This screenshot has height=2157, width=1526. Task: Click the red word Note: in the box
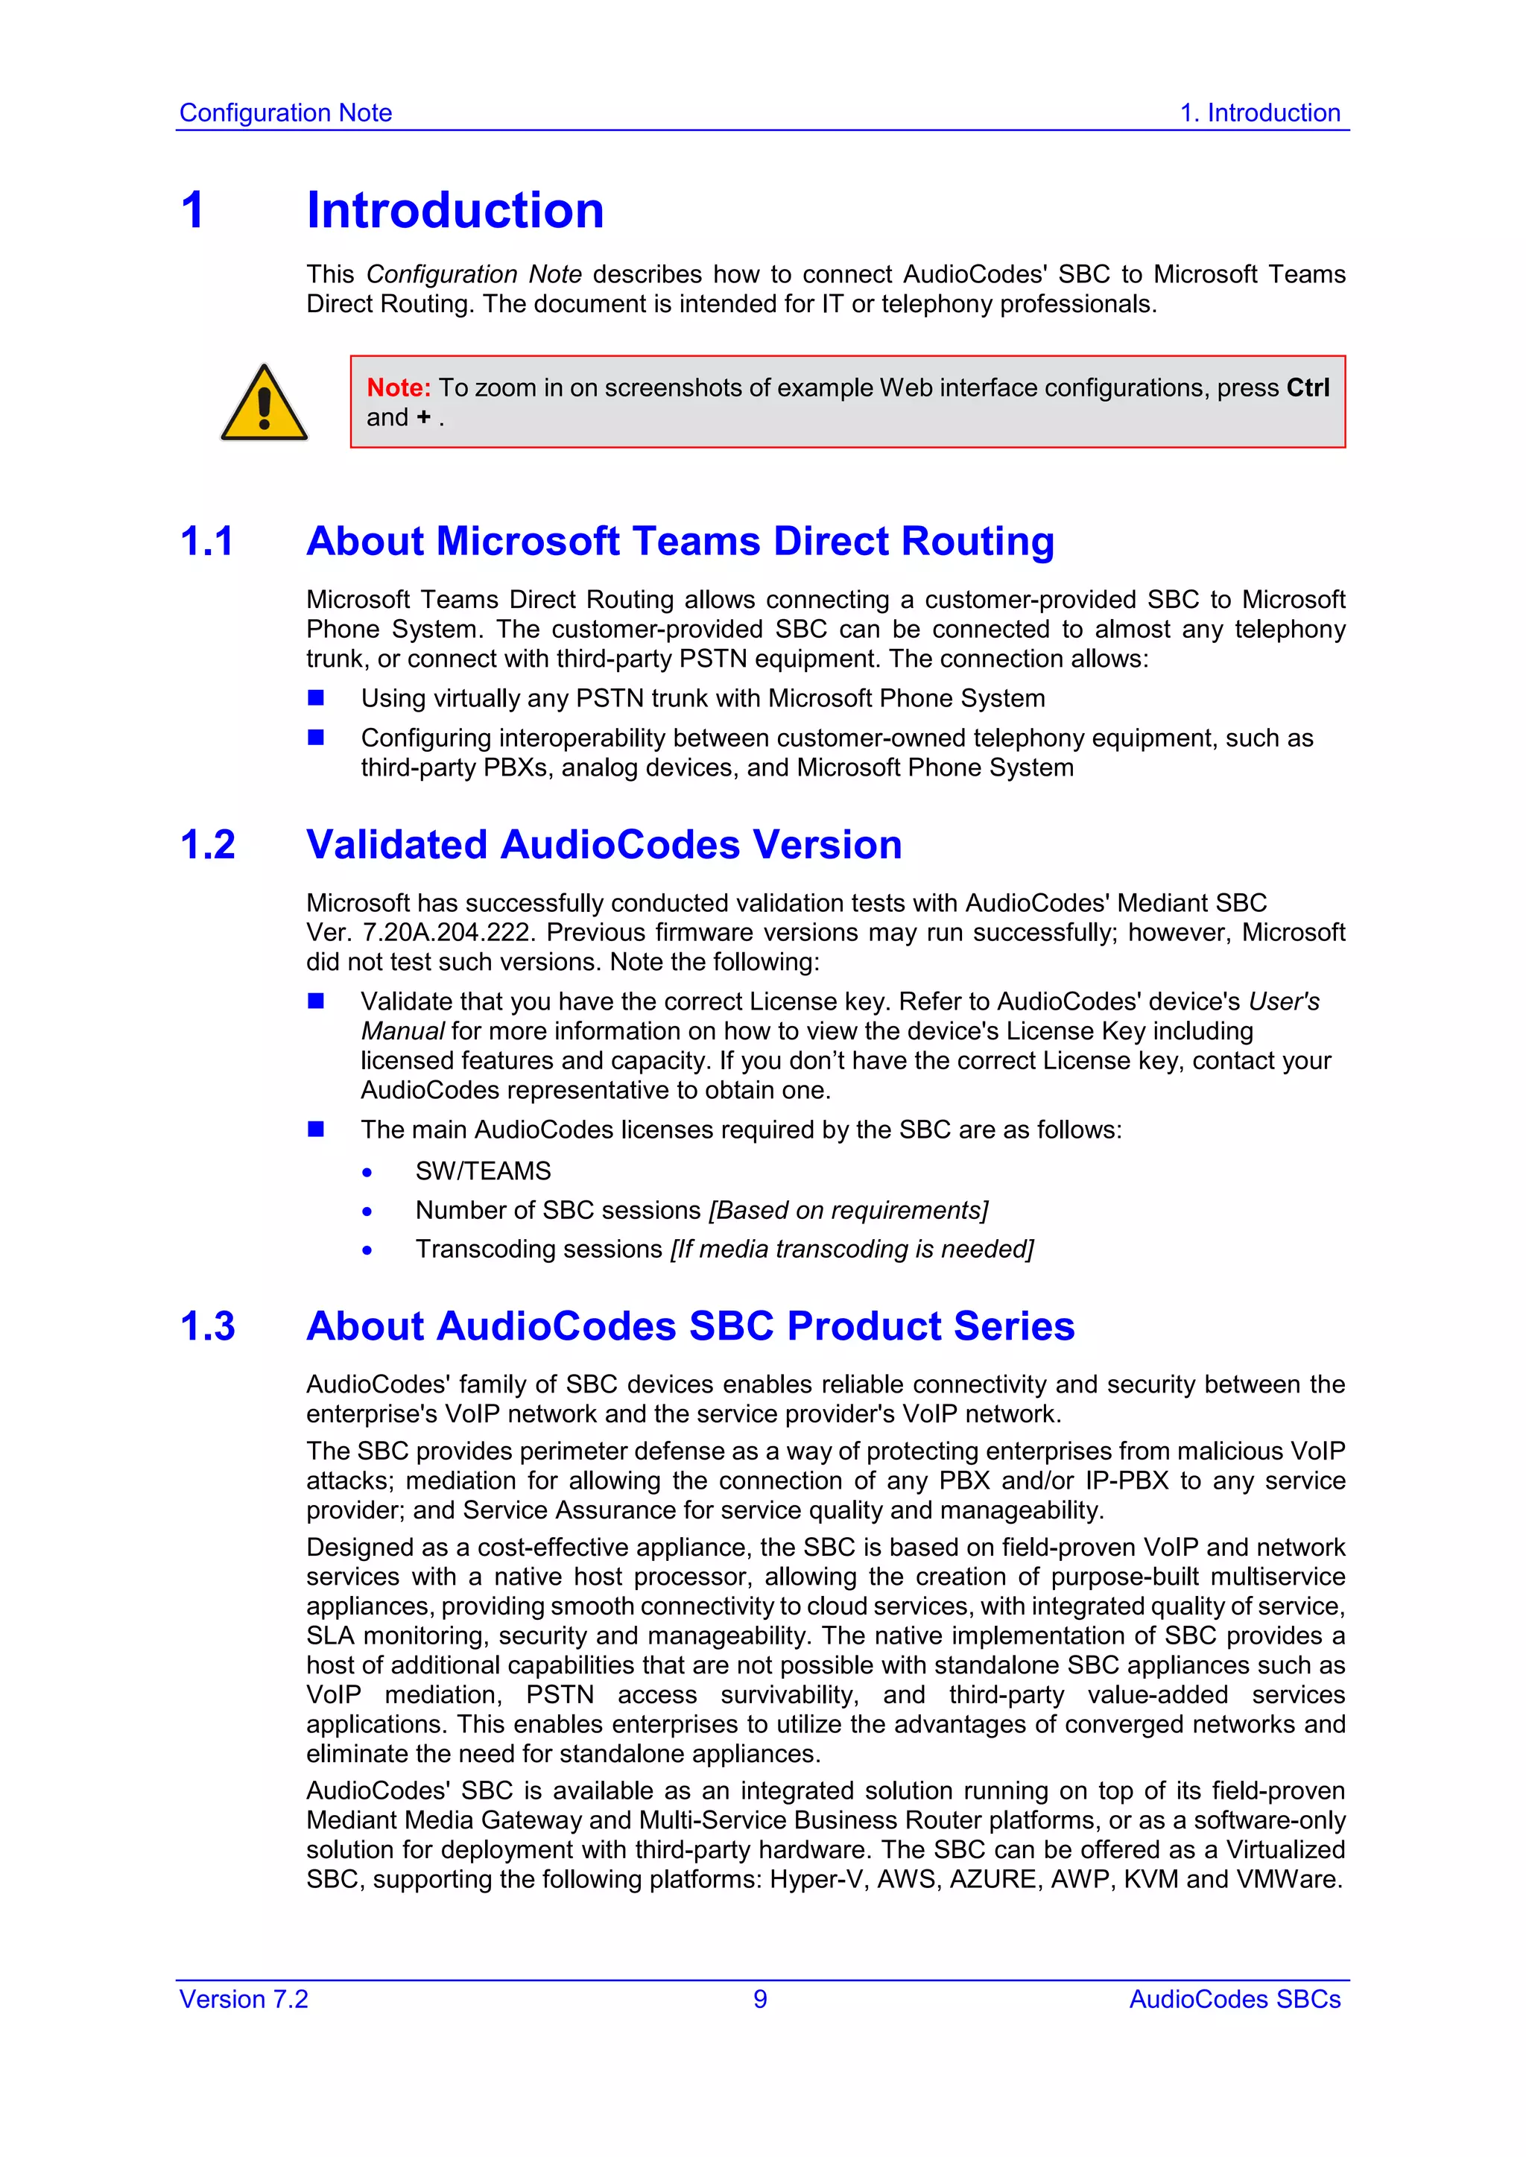399,388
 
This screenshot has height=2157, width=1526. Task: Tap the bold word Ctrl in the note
1307,388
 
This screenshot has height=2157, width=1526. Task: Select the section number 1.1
206,542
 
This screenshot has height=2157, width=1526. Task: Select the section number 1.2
208,846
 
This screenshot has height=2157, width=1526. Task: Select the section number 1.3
208,1326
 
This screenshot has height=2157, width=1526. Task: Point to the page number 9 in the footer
760,1999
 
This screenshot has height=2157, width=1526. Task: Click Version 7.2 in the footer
244,1999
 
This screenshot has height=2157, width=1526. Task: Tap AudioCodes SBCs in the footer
1234,1999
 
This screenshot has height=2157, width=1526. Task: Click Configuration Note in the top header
285,113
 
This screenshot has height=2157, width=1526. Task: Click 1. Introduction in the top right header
1259,113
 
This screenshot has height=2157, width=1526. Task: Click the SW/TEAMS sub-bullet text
483,1171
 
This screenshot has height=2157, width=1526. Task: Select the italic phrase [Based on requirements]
847,1211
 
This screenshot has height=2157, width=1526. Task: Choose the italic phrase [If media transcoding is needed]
852,1249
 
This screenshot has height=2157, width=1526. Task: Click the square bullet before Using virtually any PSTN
316,698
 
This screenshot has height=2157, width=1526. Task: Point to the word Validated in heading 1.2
396,846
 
